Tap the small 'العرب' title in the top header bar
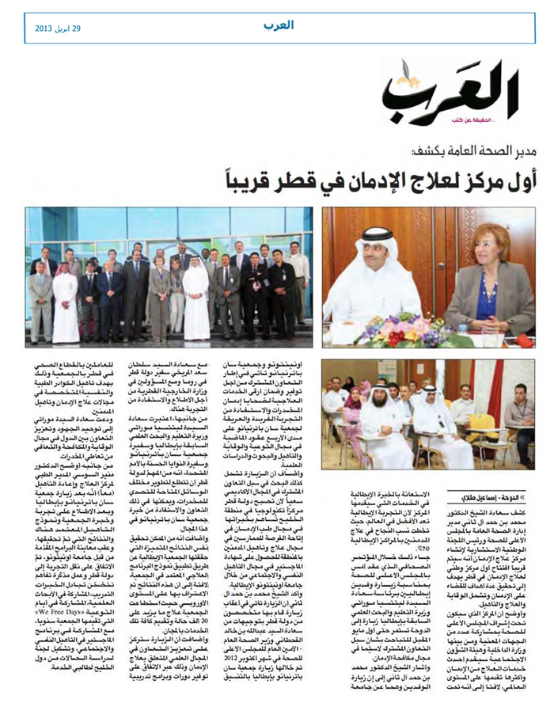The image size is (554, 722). coord(279,25)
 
